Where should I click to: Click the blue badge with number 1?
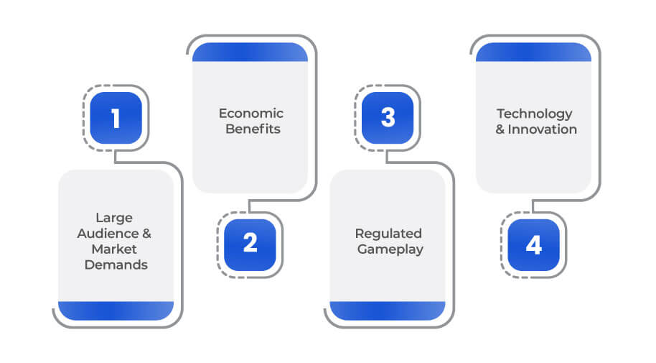tap(116, 118)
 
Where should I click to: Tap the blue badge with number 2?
tap(250, 245)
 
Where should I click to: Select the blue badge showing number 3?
tap(388, 118)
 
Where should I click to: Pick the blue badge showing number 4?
tap(533, 245)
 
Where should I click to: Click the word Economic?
tap(251, 113)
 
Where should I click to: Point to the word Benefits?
tap(253, 129)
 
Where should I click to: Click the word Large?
tap(114, 218)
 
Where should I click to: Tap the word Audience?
tap(108, 234)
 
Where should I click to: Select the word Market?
tap(114, 249)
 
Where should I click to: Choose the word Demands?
tap(116, 265)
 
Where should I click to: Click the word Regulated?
tap(388, 234)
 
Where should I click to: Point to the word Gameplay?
tap(390, 249)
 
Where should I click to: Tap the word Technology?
tap(535, 114)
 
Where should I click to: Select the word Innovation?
tap(542, 129)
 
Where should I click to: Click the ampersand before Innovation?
tap(500, 129)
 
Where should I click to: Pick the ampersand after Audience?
tap(146, 234)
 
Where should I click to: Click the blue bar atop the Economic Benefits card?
tap(250, 52)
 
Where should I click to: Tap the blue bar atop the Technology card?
tap(534, 52)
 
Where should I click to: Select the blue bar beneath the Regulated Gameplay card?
tap(388, 311)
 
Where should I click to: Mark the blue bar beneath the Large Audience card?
tap(116, 311)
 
